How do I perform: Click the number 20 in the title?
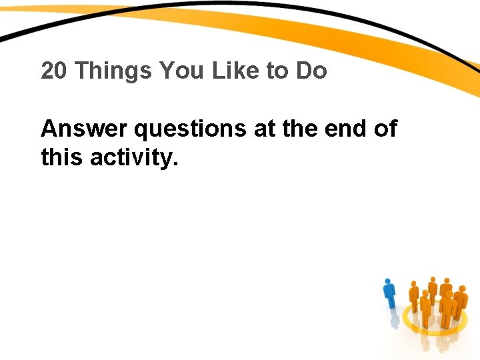tap(55, 71)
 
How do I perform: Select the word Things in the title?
tap(113, 71)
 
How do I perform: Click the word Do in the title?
tap(311, 71)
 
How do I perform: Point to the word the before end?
tap(301, 128)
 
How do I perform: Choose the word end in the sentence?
tap(347, 128)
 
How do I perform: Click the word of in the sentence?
tap(385, 128)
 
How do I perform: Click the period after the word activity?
tap(176, 164)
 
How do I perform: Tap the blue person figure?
tap(390, 294)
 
